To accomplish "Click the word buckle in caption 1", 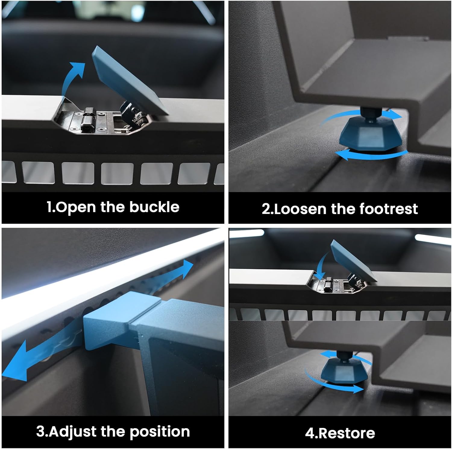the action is pos(154,207).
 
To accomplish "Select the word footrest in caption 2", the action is pos(388,209).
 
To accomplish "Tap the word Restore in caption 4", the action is pos(347,433).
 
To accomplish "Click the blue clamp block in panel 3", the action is pos(121,320).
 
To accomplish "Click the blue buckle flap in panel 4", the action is pos(353,261).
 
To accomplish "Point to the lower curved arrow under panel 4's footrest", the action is pos(331,383).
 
